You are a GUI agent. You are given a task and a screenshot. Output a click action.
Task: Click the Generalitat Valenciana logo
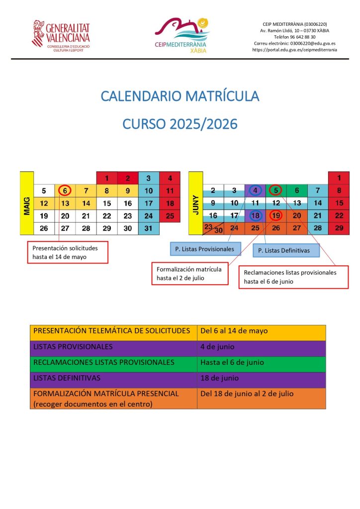[x=61, y=35]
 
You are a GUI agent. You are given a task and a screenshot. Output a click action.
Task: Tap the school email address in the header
[x=294, y=43]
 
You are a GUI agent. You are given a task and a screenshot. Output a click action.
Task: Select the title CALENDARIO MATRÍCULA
[x=180, y=95]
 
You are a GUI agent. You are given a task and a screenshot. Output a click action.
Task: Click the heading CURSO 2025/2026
[x=180, y=123]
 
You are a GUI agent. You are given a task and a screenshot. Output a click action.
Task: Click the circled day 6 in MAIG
[x=65, y=190]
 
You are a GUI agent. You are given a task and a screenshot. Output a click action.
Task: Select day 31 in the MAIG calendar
[x=149, y=228]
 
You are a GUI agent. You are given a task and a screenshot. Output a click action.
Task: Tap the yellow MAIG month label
[x=26, y=203]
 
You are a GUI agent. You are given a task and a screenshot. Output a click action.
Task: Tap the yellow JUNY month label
[x=196, y=203]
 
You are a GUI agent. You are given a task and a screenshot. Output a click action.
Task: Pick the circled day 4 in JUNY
[x=255, y=190]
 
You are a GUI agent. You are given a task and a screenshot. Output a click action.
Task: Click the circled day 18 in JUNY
[x=255, y=215]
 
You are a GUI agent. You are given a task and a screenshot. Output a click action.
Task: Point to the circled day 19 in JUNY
[x=276, y=215]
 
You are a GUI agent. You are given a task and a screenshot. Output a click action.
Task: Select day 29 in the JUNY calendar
[x=339, y=228]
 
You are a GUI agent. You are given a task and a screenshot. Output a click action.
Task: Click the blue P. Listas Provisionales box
[x=204, y=248]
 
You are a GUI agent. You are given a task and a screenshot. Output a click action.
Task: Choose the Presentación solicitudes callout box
[x=67, y=252]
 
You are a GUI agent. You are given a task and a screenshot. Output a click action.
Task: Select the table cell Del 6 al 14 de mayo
[x=261, y=331]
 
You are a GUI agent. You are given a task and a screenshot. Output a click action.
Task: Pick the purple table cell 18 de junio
[x=261, y=378]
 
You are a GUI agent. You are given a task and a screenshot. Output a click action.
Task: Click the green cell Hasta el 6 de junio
[x=261, y=362]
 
